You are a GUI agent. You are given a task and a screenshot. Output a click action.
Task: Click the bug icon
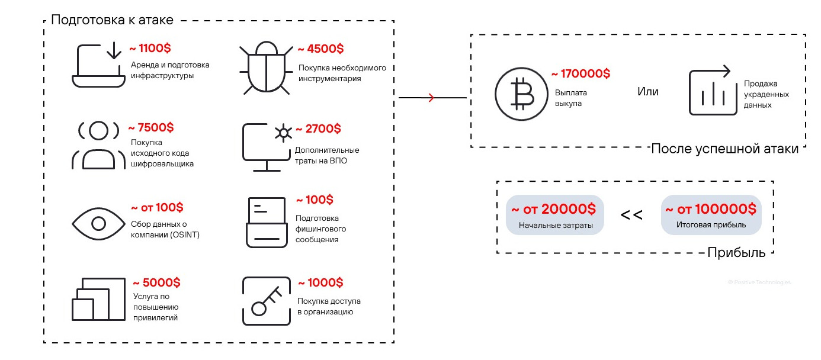266,67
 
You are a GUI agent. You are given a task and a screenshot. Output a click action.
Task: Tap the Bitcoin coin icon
521,94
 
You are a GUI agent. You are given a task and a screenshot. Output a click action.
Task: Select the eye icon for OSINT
98,224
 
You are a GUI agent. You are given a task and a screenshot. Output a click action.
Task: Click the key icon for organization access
267,301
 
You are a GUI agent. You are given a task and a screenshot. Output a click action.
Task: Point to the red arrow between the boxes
432,98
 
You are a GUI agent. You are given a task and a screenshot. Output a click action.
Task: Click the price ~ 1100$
150,48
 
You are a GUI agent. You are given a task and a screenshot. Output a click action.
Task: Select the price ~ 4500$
320,49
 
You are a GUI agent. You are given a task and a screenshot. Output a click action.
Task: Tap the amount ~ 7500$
151,127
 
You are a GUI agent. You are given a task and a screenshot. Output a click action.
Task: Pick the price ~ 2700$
318,128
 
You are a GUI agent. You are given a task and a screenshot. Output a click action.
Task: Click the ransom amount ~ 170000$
581,73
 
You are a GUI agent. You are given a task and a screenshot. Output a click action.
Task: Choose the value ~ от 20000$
554,209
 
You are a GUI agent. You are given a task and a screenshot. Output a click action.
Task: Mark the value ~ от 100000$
711,209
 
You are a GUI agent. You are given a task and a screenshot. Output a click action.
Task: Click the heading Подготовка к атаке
112,20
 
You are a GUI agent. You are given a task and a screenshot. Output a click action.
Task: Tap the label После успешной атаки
724,149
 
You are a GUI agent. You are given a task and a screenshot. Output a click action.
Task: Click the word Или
647,92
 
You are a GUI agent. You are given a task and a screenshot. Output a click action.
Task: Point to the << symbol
631,214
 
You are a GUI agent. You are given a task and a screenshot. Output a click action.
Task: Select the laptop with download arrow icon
98,65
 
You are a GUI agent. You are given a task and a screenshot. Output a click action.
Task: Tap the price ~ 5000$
156,282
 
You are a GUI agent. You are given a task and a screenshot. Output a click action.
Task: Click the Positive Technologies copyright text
759,282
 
